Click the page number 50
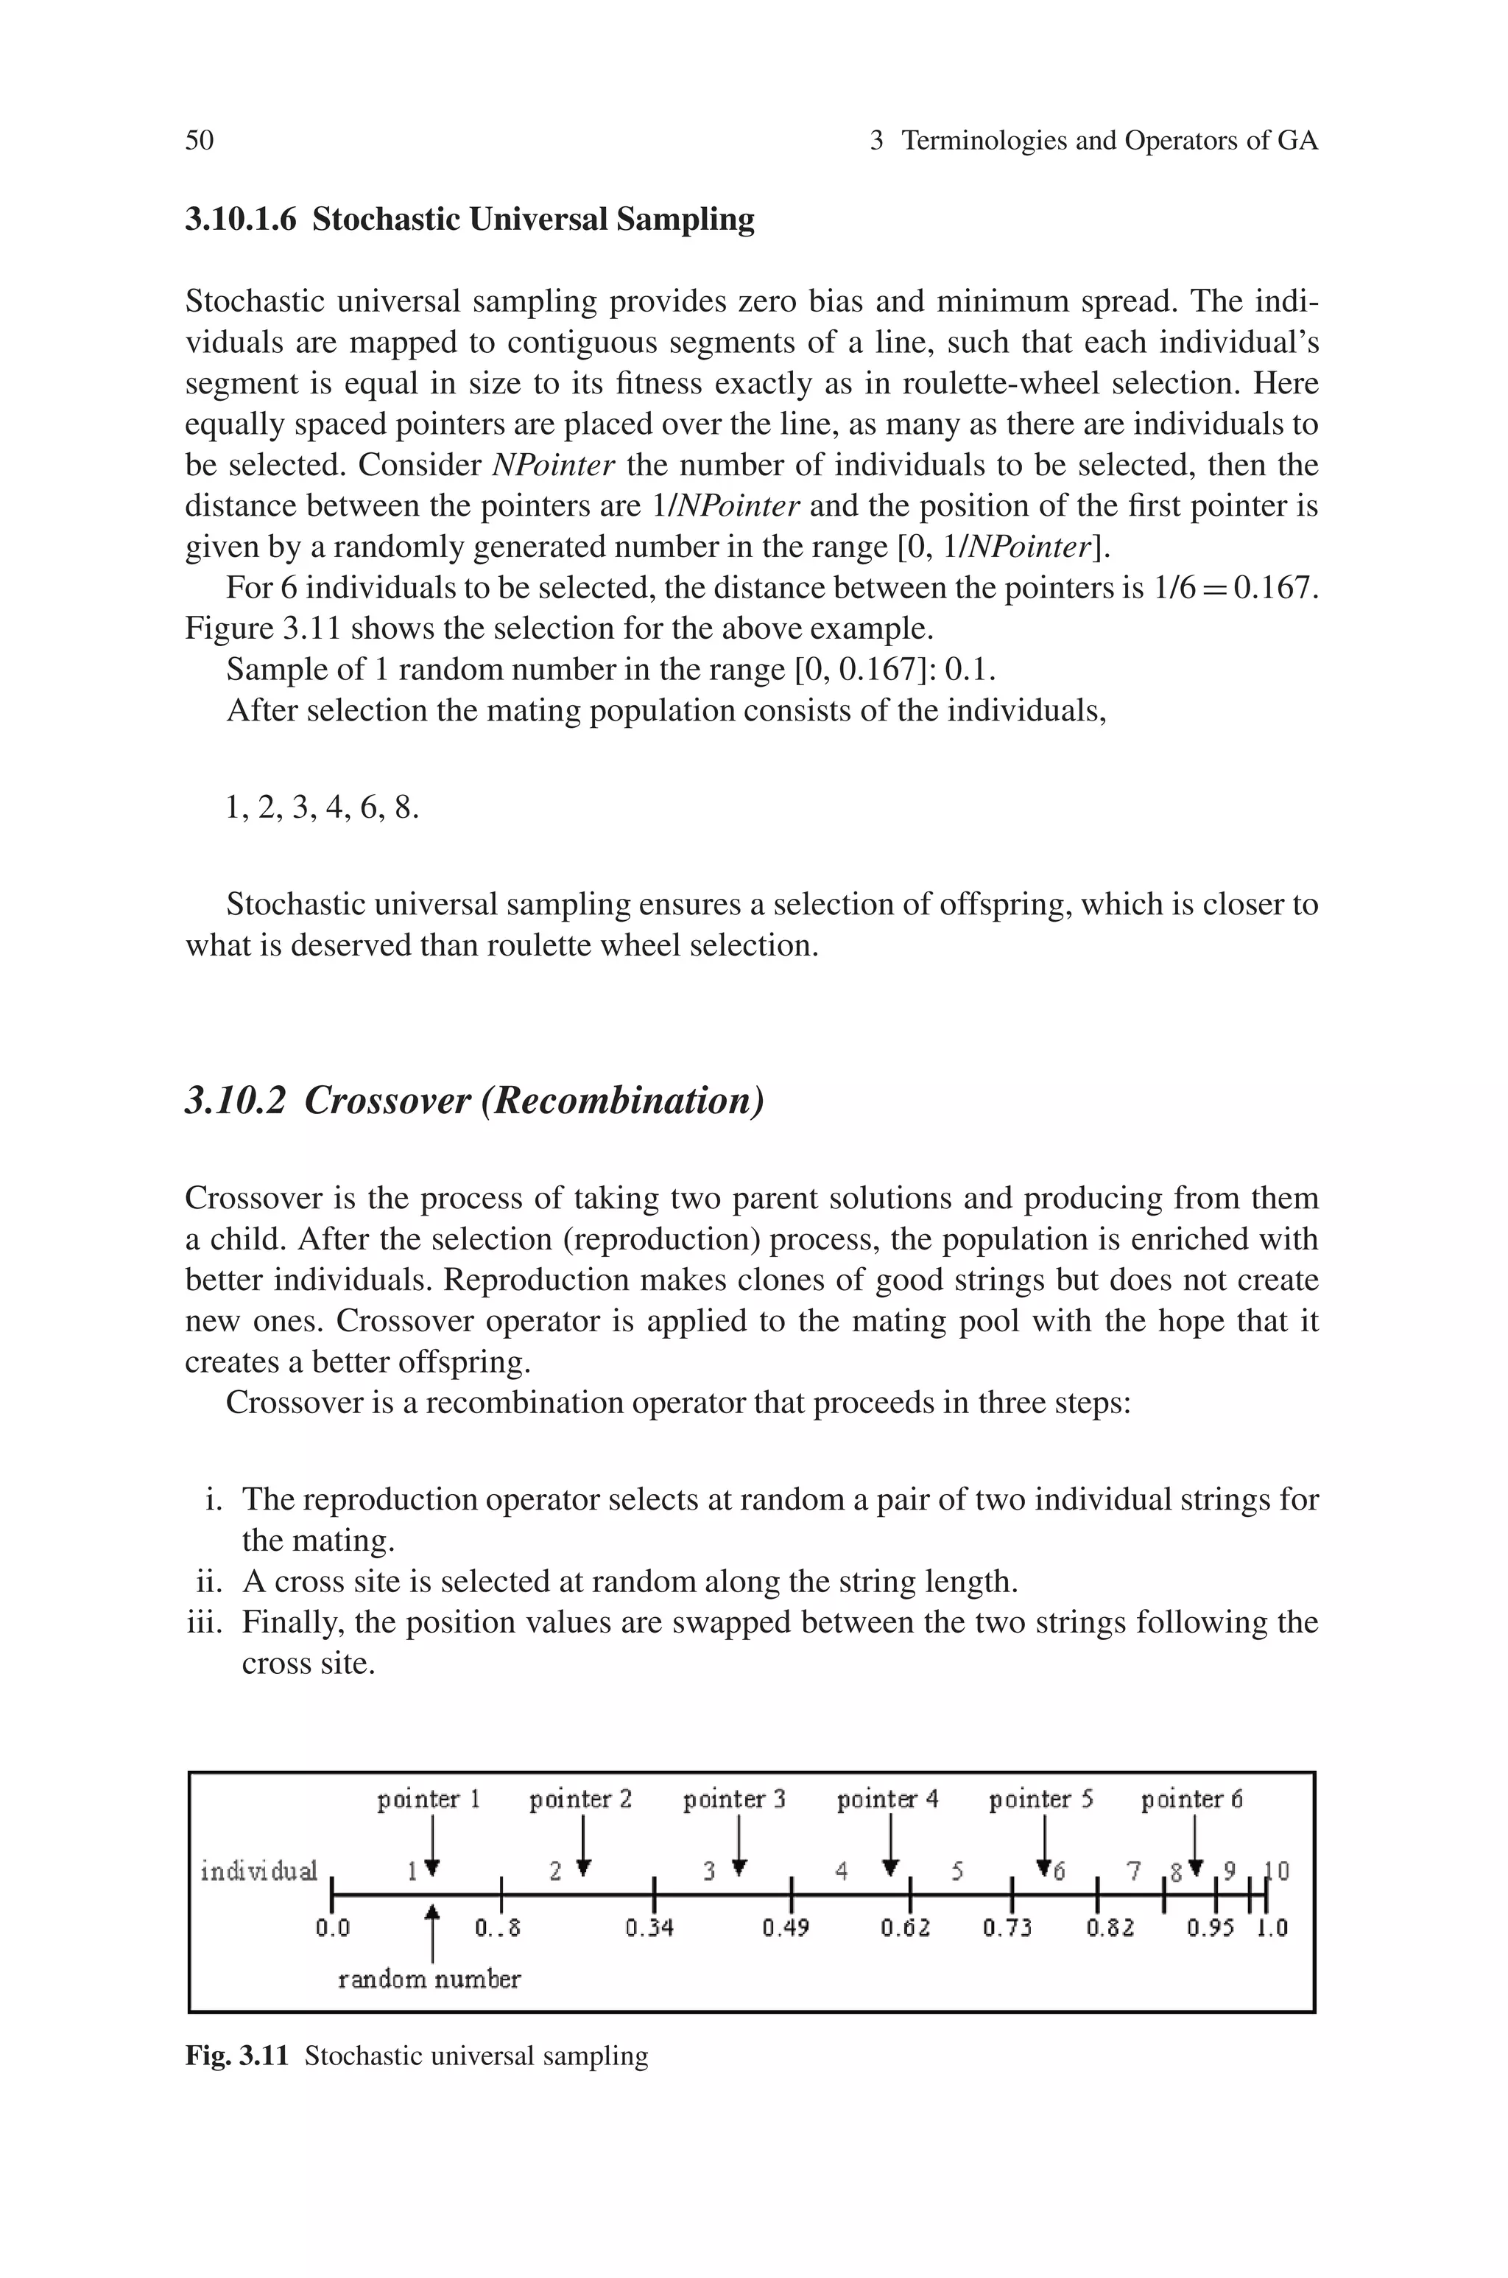coord(199,141)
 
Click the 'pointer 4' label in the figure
coord(887,1799)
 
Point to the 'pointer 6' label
coord(1191,1799)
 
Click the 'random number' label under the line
coord(429,1980)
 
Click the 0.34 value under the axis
coord(649,1928)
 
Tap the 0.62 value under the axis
coord(905,1928)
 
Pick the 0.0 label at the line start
coord(333,1928)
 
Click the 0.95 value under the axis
coord(1210,1928)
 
